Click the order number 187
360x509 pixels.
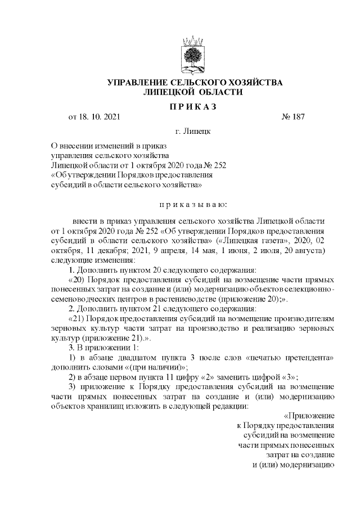coord(297,118)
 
